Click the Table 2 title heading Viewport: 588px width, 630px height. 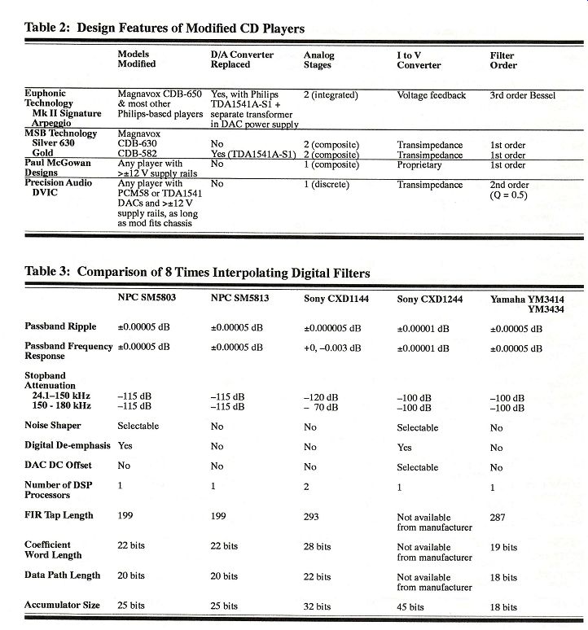coord(165,28)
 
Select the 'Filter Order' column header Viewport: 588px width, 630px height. coord(502,60)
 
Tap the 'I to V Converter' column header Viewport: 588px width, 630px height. coord(419,60)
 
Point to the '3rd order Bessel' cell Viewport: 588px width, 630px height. coord(522,95)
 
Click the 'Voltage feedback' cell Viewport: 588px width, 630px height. coord(431,95)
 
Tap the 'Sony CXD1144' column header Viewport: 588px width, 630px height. coord(337,300)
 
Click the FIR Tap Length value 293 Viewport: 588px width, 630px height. coord(313,516)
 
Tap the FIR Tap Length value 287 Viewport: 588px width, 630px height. coord(499,516)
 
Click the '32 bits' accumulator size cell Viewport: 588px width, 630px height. coord(318,607)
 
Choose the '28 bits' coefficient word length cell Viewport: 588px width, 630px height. coord(318,547)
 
